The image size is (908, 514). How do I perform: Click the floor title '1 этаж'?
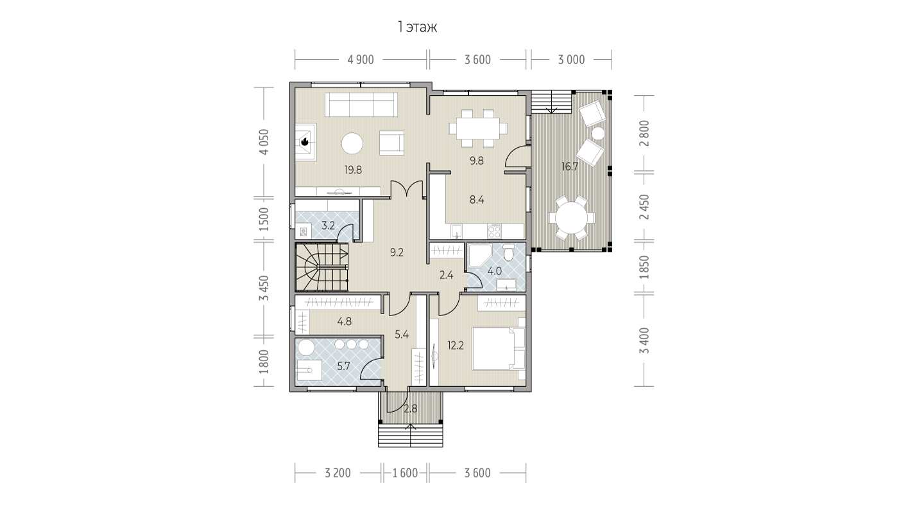pyautogui.click(x=417, y=28)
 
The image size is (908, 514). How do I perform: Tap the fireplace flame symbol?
pyautogui.click(x=305, y=141)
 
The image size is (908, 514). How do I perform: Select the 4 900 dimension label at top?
pyautogui.click(x=361, y=60)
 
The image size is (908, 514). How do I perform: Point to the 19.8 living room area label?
pyautogui.click(x=353, y=170)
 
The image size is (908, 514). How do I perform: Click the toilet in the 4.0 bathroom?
pyautogui.click(x=508, y=252)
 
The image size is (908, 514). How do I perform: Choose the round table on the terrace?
pyautogui.click(x=572, y=218)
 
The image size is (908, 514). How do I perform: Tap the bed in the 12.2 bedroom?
pyautogui.click(x=499, y=348)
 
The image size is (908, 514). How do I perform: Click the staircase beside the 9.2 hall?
pyautogui.click(x=321, y=267)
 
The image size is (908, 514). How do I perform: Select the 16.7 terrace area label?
pyautogui.click(x=570, y=166)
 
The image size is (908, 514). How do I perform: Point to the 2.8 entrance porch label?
pyautogui.click(x=411, y=409)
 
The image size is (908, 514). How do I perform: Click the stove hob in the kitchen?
pyautogui.click(x=494, y=231)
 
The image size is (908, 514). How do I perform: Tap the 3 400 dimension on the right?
pyautogui.click(x=644, y=341)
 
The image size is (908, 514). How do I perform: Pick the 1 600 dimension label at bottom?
pyautogui.click(x=405, y=473)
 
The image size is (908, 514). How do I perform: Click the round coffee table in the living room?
pyautogui.click(x=352, y=144)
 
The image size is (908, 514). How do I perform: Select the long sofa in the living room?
pyautogui.click(x=361, y=105)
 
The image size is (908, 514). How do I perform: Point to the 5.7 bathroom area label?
pyautogui.click(x=343, y=366)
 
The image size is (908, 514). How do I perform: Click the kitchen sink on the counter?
pyautogui.click(x=457, y=231)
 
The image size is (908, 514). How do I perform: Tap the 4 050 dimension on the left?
pyautogui.click(x=264, y=142)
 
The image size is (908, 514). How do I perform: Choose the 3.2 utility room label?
pyautogui.click(x=328, y=226)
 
